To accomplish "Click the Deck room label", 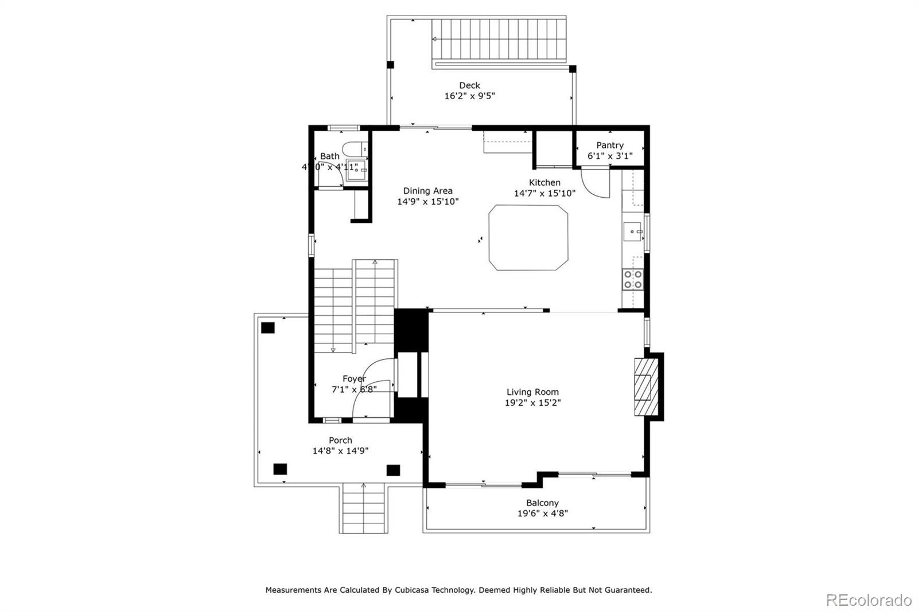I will coord(469,85).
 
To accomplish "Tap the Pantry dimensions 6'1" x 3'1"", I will coord(609,156).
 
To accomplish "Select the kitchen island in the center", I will coord(528,238).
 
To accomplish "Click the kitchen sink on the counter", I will coord(632,232).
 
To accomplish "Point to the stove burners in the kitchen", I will coord(633,280).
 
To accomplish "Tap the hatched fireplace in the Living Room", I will coord(643,387).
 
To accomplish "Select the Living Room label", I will coord(532,392).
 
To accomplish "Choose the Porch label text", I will coord(340,440).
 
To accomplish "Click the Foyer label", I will coord(354,379).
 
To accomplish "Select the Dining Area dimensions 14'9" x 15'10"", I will coord(427,202).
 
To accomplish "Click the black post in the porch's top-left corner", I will coord(268,328).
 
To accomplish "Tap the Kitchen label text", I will coord(544,182).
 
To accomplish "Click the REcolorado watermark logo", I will coord(868,600).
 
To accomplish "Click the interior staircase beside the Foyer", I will coord(355,307).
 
